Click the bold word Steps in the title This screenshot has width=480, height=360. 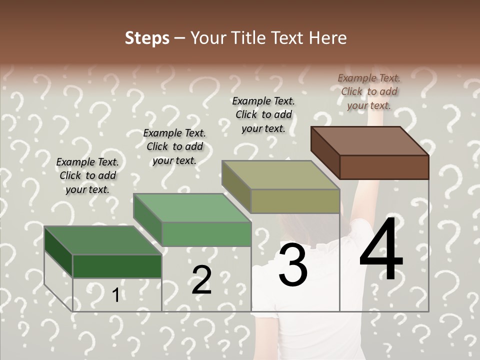(x=147, y=38)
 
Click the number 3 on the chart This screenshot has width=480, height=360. (x=292, y=265)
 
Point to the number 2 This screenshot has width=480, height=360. (x=201, y=279)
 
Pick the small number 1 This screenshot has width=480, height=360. (x=115, y=295)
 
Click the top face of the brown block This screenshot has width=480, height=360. (x=370, y=140)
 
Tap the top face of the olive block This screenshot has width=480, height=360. (x=280, y=175)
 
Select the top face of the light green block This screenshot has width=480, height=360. (x=192, y=208)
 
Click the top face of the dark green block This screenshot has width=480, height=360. (x=103, y=240)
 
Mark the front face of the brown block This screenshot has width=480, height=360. (x=384, y=167)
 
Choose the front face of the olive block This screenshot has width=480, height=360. (x=295, y=201)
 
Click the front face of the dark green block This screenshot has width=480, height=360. (x=117, y=266)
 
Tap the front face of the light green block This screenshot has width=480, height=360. (x=206, y=234)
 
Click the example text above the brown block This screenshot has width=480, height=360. (x=369, y=91)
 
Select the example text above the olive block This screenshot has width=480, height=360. (x=263, y=114)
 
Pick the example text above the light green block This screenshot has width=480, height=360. (x=174, y=146)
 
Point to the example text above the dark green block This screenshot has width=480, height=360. (x=87, y=175)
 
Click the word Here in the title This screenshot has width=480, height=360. (x=328, y=38)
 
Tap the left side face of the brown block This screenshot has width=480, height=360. (x=325, y=152)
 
